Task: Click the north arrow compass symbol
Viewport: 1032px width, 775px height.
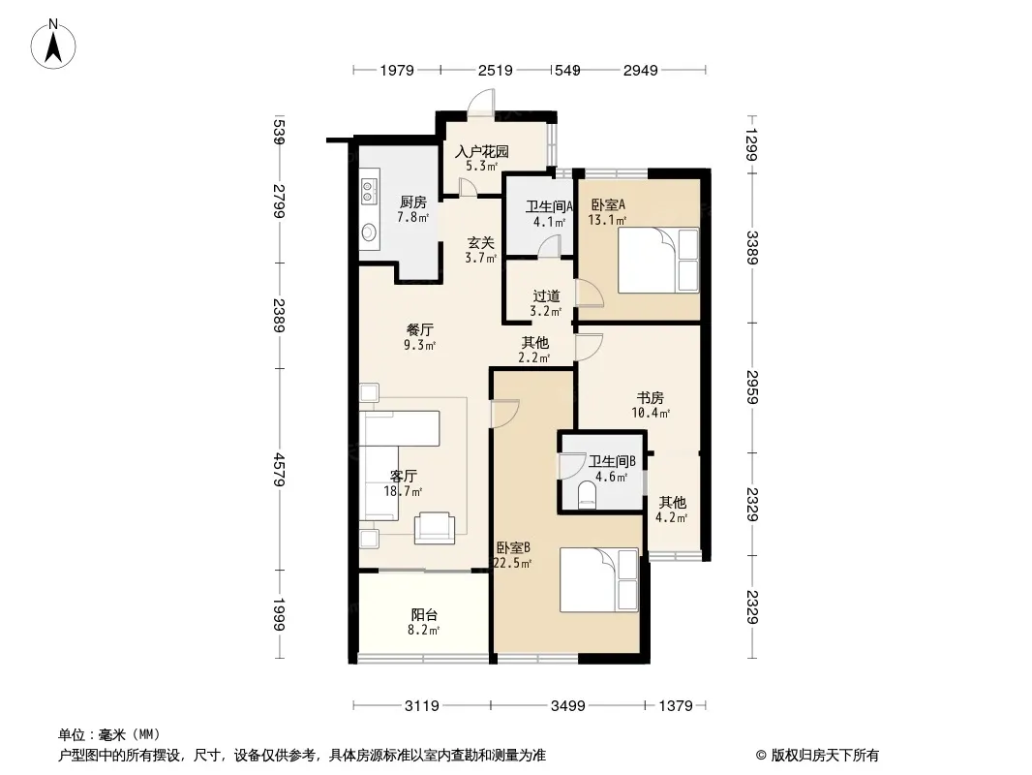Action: point(53,44)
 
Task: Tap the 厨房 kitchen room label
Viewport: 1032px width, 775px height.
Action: point(412,202)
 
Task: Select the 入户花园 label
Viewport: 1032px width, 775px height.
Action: point(482,151)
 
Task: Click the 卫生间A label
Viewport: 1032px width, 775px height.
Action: point(549,206)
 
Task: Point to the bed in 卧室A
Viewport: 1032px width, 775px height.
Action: point(658,260)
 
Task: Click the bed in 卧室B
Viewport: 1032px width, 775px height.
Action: point(599,580)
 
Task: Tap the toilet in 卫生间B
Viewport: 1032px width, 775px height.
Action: point(586,495)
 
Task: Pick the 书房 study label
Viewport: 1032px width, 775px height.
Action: point(651,398)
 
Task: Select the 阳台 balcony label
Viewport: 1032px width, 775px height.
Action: point(424,614)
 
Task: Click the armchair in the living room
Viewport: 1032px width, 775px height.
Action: point(435,527)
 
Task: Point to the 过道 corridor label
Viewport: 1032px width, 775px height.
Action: point(546,296)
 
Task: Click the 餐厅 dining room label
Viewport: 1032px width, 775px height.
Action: point(419,330)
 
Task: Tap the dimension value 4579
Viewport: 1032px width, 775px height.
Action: point(279,470)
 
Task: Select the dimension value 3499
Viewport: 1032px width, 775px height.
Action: point(568,706)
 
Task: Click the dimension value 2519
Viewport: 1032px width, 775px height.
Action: point(495,70)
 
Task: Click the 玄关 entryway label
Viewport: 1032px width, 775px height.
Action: point(481,243)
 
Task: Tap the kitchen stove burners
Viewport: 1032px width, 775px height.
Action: point(368,190)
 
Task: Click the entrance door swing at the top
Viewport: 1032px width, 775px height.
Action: point(480,104)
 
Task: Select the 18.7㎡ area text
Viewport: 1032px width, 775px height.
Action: point(403,491)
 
